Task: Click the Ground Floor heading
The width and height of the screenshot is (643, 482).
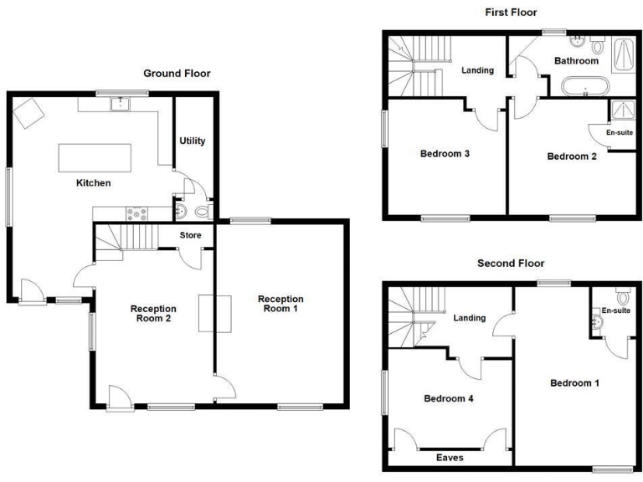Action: coord(177,74)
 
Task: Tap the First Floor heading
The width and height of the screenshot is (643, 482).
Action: coord(511,12)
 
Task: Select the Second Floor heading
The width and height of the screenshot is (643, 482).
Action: coord(511,263)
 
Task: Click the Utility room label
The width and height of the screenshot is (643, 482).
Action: coord(193,141)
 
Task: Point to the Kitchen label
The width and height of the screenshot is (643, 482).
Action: coord(94,182)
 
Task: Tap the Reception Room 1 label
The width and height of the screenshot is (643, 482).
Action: coord(280,304)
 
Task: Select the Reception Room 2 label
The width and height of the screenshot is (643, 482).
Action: coord(153,313)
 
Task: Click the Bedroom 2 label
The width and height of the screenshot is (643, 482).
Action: coord(572,156)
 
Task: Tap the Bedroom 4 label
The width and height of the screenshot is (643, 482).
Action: coord(449,398)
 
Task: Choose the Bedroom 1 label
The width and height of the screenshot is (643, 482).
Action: coord(574,383)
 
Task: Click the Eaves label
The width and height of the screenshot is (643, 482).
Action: coord(450,458)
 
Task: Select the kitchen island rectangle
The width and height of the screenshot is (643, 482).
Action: coord(95,157)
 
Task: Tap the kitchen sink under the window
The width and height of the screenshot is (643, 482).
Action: coord(122,104)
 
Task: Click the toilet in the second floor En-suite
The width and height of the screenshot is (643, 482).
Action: coord(622,297)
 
